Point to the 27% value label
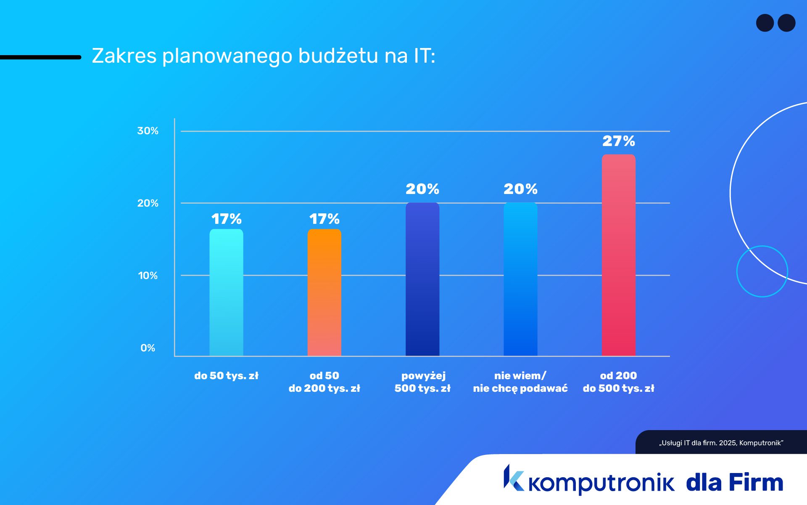click(x=618, y=141)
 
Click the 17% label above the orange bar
click(x=324, y=219)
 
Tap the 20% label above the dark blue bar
click(x=422, y=189)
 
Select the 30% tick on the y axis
click(x=148, y=131)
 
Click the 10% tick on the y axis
click(x=148, y=276)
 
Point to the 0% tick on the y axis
click(x=148, y=348)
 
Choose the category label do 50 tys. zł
click(x=226, y=376)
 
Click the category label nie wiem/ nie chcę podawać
click(x=520, y=382)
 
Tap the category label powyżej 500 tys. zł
click(x=422, y=382)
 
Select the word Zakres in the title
click(x=124, y=56)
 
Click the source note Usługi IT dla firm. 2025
click(x=721, y=443)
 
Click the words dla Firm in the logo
click(x=734, y=482)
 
